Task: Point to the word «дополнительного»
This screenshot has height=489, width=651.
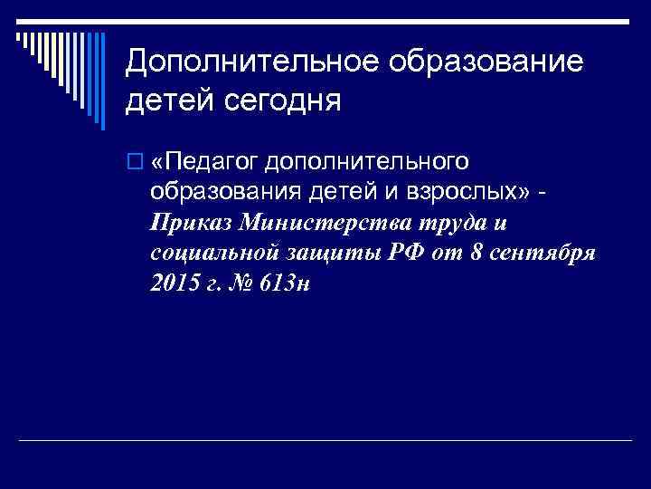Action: pos(366,162)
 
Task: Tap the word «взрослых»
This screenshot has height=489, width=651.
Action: pos(462,192)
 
